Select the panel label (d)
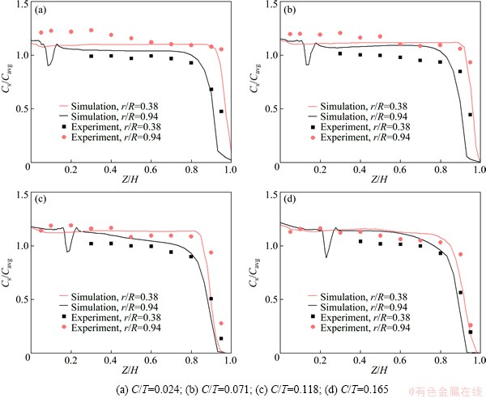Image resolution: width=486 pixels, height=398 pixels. pyautogui.click(x=291, y=199)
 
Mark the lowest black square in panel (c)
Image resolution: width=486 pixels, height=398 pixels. pyautogui.click(x=221, y=338)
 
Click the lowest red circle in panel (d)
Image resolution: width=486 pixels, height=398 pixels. pyautogui.click(x=470, y=325)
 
